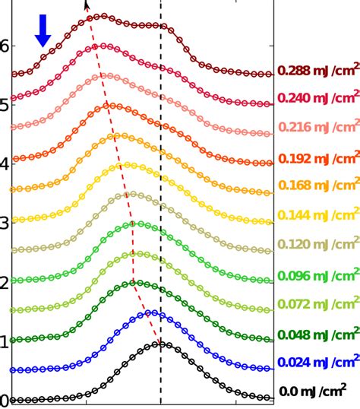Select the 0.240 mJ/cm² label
318,97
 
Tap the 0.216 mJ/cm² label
318,127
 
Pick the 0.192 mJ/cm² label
318,159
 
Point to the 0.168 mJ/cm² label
318,185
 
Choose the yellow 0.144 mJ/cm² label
318,216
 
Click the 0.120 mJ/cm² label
318,245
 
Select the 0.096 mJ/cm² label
318,276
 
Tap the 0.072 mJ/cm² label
318,305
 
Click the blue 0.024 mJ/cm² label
318,361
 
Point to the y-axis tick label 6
4,46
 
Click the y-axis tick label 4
4,164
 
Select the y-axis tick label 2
4,283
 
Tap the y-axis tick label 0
4,401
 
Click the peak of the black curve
160,344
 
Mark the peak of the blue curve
152,312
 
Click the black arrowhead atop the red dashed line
87,5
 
